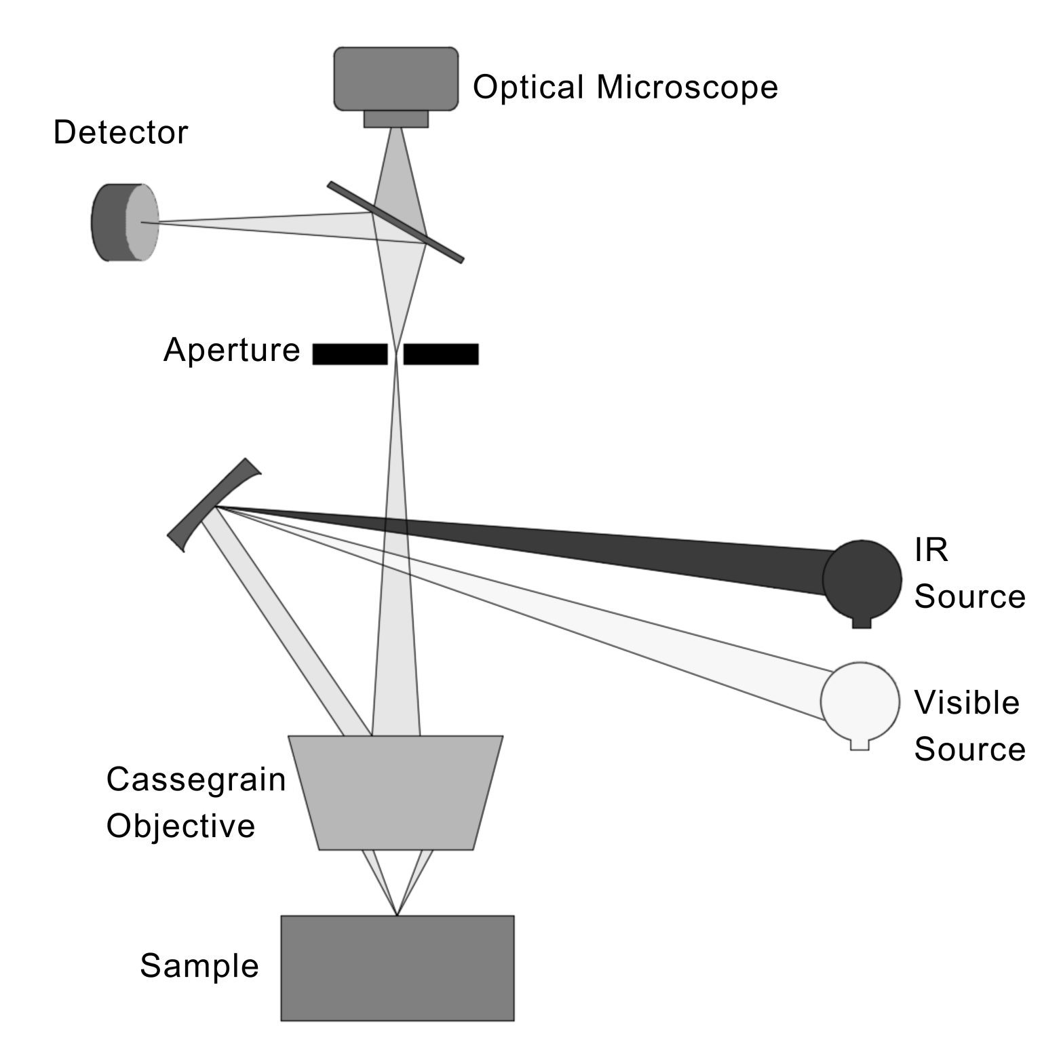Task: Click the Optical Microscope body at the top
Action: (x=395, y=78)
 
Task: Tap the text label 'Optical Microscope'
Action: (x=624, y=88)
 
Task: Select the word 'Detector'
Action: (x=120, y=133)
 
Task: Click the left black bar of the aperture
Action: (x=349, y=354)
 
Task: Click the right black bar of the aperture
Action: (x=441, y=354)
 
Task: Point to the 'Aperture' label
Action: (x=231, y=351)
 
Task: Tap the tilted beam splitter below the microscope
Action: (x=395, y=222)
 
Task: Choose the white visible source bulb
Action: (x=860, y=701)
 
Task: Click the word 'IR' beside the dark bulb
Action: (x=931, y=550)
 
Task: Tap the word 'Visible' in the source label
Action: (x=966, y=703)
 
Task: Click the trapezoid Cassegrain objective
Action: (x=395, y=792)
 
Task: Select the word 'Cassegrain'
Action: (x=196, y=780)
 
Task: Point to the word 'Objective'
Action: (x=180, y=826)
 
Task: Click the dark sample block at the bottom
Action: (x=398, y=967)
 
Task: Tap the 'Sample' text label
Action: (x=199, y=966)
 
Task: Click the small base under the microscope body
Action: (x=395, y=119)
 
